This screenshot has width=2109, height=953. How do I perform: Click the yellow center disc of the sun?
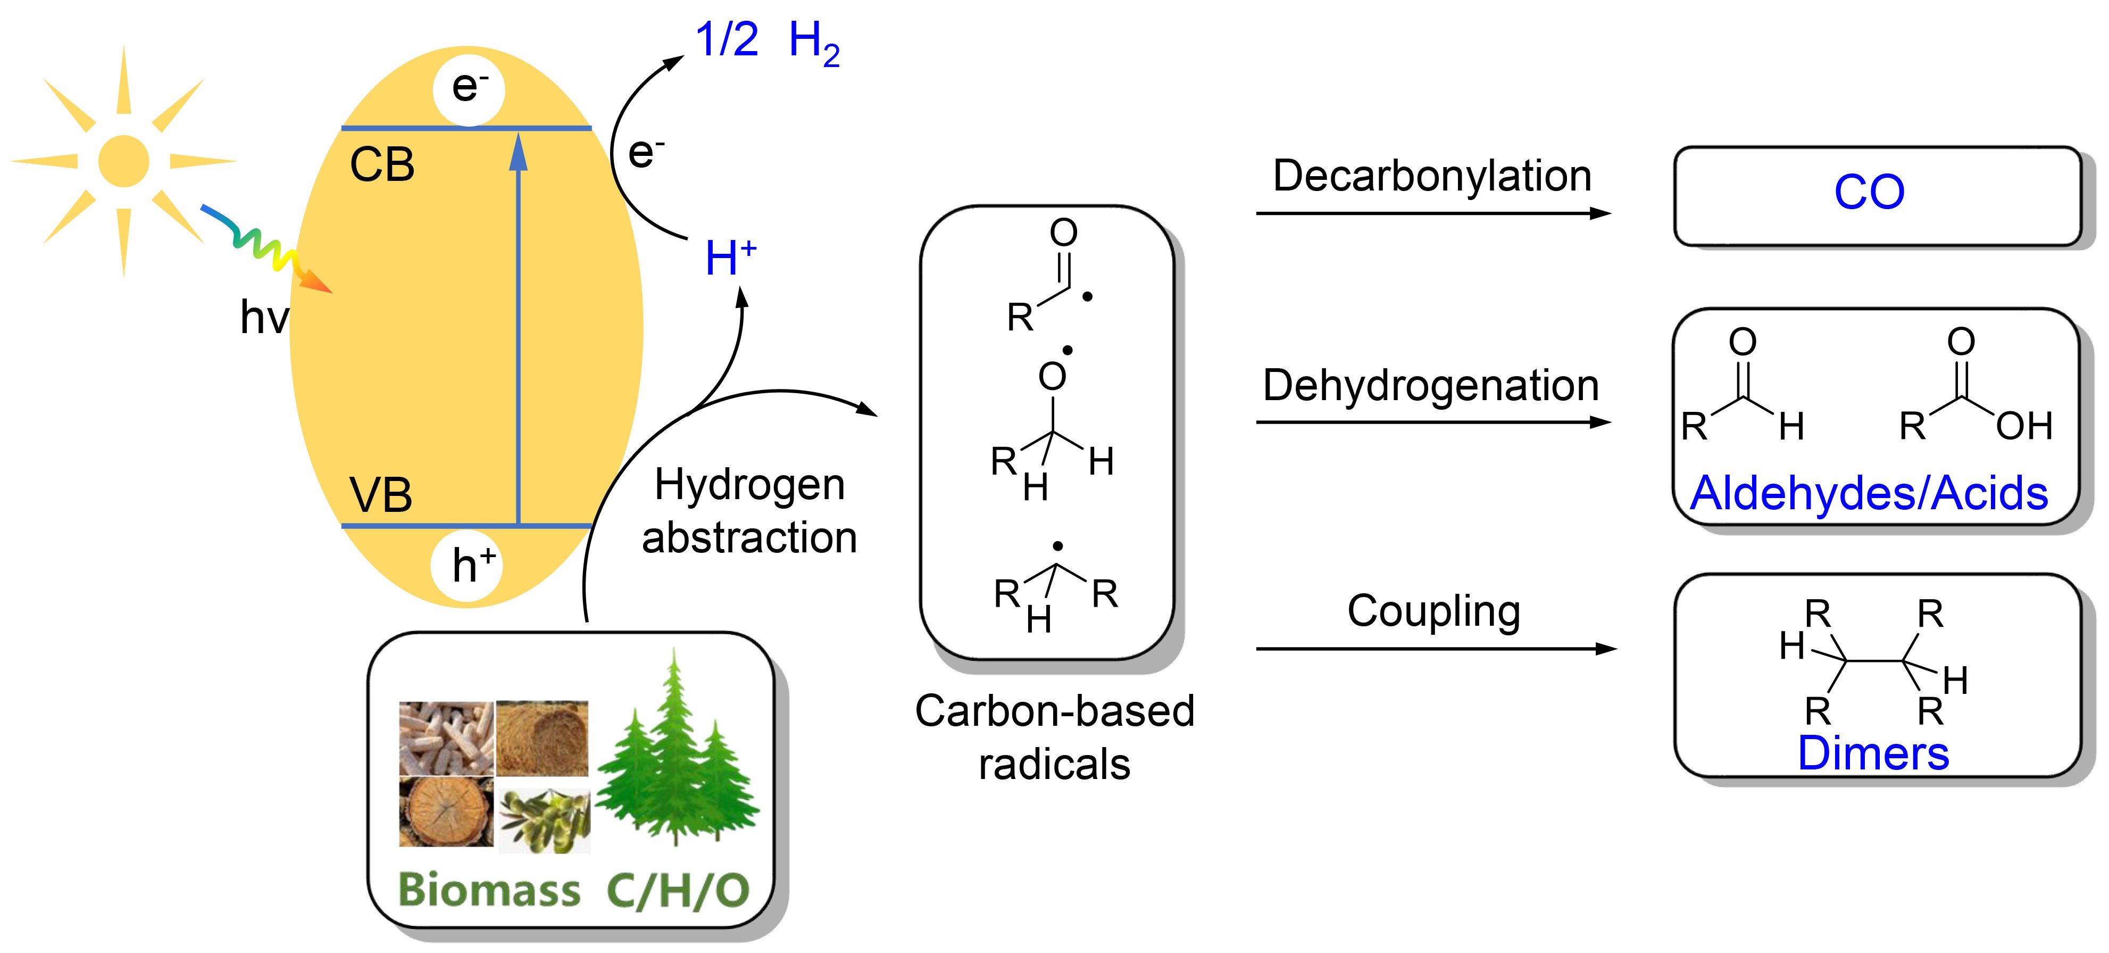[123, 161]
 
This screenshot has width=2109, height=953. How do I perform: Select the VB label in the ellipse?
[381, 495]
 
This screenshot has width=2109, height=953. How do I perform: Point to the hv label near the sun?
[264, 318]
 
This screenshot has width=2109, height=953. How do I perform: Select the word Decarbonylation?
[1432, 176]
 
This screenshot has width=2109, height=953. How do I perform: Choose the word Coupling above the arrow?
[1433, 611]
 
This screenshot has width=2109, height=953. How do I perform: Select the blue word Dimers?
[1873, 753]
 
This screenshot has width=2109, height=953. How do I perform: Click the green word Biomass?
[489, 890]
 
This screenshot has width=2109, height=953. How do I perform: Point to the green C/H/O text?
[678, 891]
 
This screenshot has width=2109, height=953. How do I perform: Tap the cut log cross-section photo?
[446, 811]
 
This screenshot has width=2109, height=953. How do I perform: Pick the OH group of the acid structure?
[2024, 426]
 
